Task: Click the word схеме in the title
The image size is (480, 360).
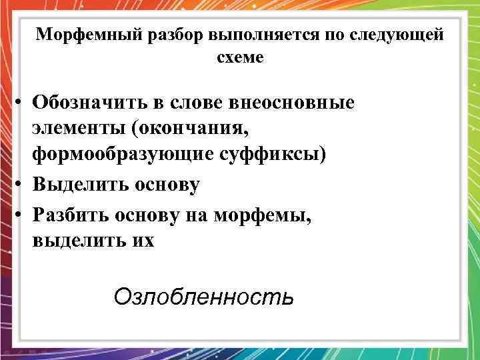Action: [x=240, y=58]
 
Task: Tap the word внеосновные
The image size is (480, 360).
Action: [x=292, y=103]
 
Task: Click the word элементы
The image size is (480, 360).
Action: [x=77, y=127]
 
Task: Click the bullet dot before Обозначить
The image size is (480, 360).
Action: [x=21, y=103]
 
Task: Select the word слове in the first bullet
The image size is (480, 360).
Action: [x=198, y=103]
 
